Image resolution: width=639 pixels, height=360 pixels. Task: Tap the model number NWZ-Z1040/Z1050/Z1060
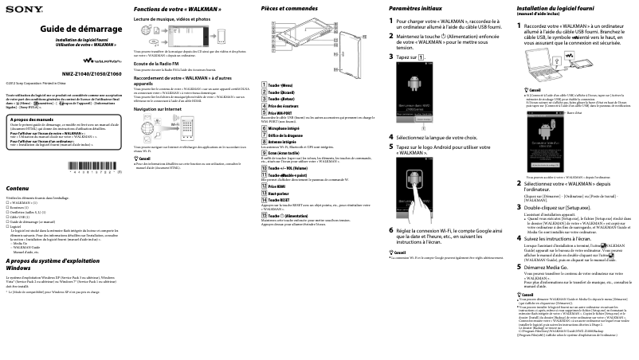[92, 73]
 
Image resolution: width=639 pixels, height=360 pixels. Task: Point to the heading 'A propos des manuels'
[33, 119]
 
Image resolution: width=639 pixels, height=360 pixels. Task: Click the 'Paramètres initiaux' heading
[414, 7]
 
